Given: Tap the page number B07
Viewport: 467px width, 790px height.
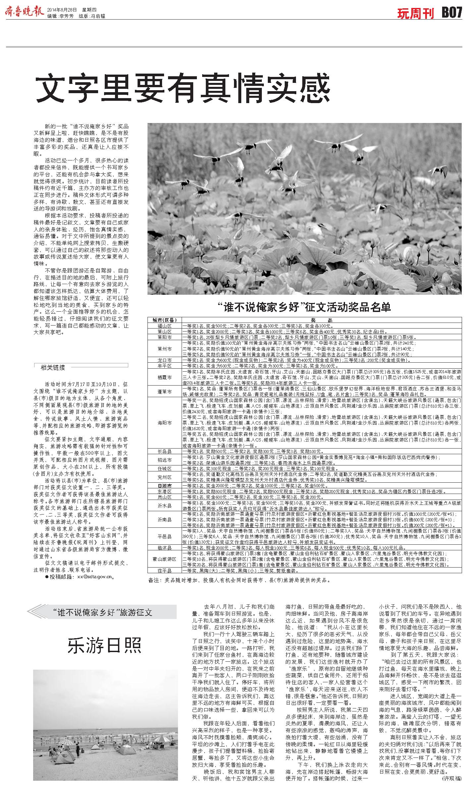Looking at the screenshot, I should pyautogui.click(x=451, y=13).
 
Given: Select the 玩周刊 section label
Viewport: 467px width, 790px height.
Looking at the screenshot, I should pyautogui.click(x=416, y=14).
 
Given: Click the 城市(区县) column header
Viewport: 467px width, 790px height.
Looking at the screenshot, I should pyautogui.click(x=165, y=320).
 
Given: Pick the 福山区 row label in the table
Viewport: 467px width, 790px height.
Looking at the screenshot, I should pyautogui.click(x=165, y=326).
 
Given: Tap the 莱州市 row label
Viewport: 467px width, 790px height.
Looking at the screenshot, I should pyautogui.click(x=165, y=349).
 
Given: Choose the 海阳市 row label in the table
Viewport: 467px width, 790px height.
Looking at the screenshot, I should pyautogui.click(x=165, y=423).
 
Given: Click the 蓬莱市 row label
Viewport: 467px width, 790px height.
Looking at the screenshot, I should pyautogui.click(x=165, y=392).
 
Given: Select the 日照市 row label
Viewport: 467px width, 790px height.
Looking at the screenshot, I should pyautogui.click(x=165, y=486).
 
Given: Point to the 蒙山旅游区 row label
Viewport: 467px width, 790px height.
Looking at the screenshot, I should pyautogui.click(x=165, y=559).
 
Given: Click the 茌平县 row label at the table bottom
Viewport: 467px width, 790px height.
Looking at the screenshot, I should pyautogui.click(x=165, y=571).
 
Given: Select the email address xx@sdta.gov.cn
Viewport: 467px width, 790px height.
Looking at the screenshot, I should pyautogui.click(x=96, y=577).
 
